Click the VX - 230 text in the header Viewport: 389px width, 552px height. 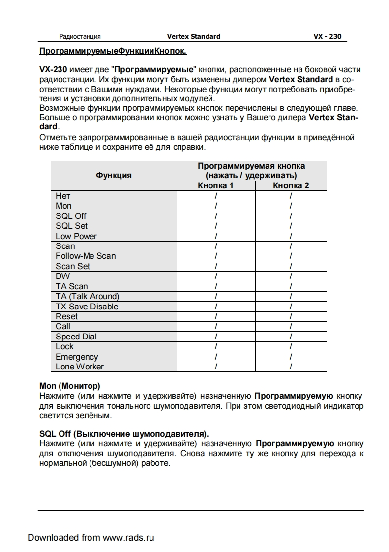coord(327,36)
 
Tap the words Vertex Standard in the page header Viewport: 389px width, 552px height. coord(194,36)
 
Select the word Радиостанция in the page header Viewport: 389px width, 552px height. coord(80,36)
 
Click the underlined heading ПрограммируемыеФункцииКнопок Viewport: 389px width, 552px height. coord(113,51)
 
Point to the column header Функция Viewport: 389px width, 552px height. coord(114,175)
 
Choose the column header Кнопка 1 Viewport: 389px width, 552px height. coord(215,185)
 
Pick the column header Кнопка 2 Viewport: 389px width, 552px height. coord(291,185)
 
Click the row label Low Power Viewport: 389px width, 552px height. coord(76,236)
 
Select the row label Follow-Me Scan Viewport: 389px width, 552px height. coord(86,256)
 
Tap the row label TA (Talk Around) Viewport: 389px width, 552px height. coord(87,296)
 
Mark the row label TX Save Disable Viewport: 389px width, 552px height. coord(87,307)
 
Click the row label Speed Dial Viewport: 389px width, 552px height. coord(76,337)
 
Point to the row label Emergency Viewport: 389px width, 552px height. coord(77,357)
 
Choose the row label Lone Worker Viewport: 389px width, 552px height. coord(80,367)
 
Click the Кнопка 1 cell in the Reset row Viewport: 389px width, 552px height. coord(216,316)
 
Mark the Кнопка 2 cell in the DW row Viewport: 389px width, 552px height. coord(291,276)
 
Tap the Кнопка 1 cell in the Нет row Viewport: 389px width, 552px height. coord(216,196)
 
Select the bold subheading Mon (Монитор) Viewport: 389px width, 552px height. coord(69,386)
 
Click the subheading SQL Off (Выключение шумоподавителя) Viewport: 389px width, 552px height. coord(124,434)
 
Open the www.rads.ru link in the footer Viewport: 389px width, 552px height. coord(128,537)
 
